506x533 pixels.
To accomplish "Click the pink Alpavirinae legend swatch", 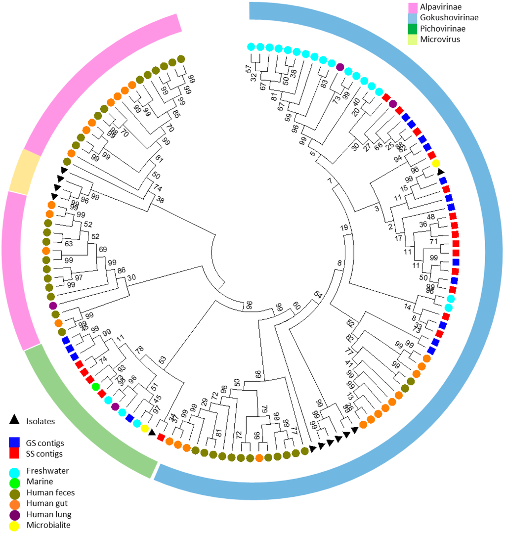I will coord(414,8).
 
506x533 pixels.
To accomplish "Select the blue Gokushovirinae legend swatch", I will coord(414,18).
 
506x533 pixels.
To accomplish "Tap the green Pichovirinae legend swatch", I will coord(414,29).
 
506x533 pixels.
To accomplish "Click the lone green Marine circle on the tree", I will coord(96,386).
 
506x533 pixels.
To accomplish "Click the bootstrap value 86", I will coord(121,271).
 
